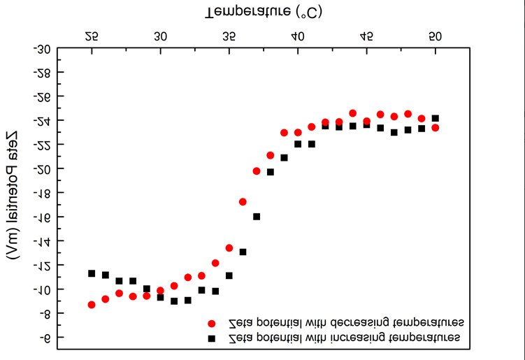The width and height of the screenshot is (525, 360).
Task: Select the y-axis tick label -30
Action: pos(42,49)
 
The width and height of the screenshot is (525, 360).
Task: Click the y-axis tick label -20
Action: pos(42,168)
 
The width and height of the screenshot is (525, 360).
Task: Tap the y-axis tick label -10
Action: pos(42,289)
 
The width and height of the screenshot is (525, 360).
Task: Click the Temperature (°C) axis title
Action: pos(264,12)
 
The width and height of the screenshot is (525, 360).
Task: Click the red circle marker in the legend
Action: pos(211,324)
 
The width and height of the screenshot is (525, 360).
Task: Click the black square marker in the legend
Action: pos(211,338)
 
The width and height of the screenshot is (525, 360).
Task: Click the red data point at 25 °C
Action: pos(92,305)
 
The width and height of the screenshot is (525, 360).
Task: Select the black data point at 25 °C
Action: pos(92,273)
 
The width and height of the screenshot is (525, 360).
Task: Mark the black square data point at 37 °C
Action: pos(257,217)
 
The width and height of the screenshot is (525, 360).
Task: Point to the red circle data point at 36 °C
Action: pos(243,202)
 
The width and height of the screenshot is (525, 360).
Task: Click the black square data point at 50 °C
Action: pos(435,118)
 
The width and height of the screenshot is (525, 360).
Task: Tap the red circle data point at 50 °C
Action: pos(435,128)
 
